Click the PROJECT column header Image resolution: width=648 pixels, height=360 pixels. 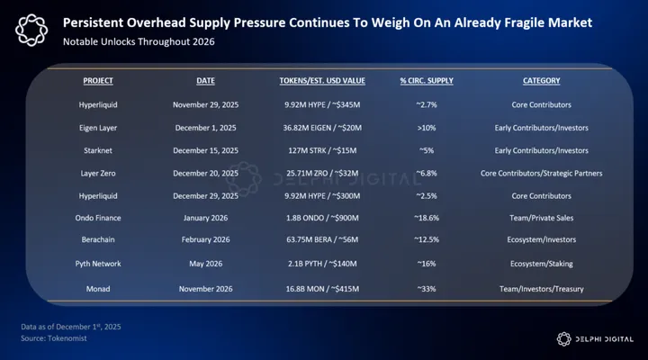[98, 81]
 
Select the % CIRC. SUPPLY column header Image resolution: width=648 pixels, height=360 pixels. [427, 81]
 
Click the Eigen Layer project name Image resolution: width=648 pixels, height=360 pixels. [98, 127]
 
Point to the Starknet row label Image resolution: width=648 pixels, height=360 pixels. [98, 149]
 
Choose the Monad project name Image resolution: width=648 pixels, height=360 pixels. [98, 287]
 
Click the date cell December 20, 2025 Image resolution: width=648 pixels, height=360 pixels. [205, 173]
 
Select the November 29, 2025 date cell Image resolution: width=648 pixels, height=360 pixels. [205, 104]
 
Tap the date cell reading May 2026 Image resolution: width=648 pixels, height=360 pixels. [205, 265]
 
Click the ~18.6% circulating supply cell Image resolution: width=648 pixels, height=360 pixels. [427, 219]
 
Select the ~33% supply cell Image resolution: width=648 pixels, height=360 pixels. [427, 287]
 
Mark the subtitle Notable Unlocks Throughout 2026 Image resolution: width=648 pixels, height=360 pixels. [140, 41]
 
